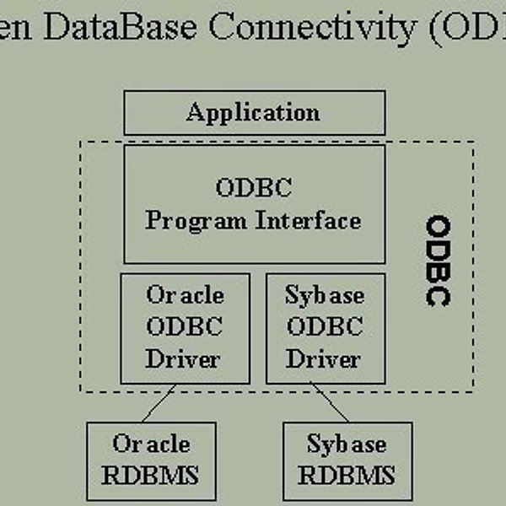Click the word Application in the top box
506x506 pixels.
coord(253,113)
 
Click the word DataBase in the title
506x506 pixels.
coord(120,26)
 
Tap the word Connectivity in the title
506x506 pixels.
coord(312,28)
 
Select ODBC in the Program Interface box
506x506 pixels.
coord(254,187)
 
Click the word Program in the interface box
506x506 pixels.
coord(196,222)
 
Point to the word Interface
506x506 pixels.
coord(308,220)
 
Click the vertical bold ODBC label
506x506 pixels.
coord(439,261)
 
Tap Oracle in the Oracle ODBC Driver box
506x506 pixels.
coord(185,294)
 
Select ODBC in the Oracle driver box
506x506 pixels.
coord(184,326)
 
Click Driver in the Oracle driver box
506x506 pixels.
coord(183,358)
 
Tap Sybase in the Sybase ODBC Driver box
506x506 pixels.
coord(325,296)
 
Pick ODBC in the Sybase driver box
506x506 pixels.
coord(325,326)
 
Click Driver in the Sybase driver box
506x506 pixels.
coord(323,358)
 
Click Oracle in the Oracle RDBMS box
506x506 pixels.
coord(151,444)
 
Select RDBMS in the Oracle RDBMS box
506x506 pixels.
coord(150,475)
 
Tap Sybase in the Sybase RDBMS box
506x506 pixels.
coord(347,444)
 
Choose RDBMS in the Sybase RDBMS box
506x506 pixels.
coord(347,475)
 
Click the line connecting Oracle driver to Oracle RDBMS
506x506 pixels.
coord(159,403)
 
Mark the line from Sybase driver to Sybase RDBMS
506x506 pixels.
coord(329,402)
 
